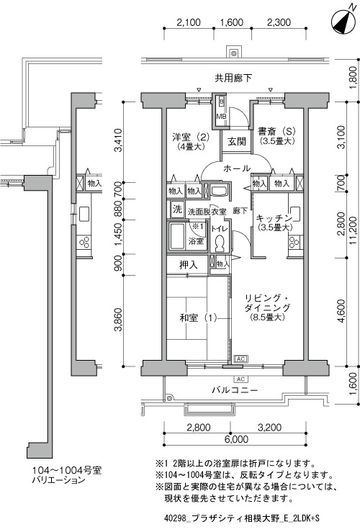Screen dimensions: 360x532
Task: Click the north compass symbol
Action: pyautogui.click(x=343, y=22)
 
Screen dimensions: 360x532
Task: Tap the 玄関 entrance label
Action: pyautogui.click(x=236, y=142)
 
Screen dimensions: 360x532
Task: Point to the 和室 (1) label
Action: pyautogui.click(x=197, y=318)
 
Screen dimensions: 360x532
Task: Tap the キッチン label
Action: pyautogui.click(x=274, y=218)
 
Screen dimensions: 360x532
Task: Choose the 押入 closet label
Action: pyautogui.click(x=189, y=266)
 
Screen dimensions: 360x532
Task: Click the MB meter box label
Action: pyautogui.click(x=221, y=117)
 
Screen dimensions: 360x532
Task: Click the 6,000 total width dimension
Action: pyautogui.click(x=236, y=439)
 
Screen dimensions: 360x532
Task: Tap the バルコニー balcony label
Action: pyautogui.click(x=235, y=390)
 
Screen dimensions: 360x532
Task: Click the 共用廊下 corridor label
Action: pyautogui.click(x=233, y=78)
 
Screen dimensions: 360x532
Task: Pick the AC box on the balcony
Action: pyautogui.click(x=241, y=379)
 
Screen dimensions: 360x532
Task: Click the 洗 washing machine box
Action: pyautogui.click(x=177, y=209)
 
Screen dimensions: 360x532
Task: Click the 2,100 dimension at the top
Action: pyautogui.click(x=189, y=22)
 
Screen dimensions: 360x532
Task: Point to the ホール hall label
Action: pyautogui.click(x=237, y=168)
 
